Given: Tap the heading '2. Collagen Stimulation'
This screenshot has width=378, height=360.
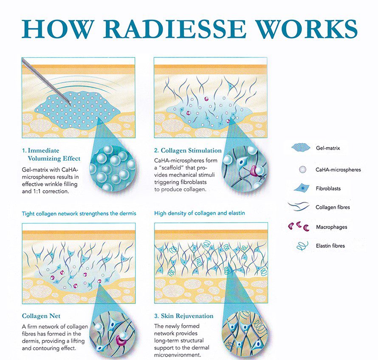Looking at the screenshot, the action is tap(188, 150).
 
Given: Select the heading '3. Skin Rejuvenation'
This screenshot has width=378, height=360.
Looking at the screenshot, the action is tap(184, 316).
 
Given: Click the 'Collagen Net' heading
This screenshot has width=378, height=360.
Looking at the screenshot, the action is tap(41, 316).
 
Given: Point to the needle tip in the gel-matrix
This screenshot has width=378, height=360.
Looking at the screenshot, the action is tap(70, 105).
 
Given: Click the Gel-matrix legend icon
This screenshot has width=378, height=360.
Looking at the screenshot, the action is tap(301, 147).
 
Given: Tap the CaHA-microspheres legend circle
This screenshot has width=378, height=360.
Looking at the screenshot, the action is tap(302, 170).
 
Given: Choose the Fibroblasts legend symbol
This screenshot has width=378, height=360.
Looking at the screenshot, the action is tap(302, 188).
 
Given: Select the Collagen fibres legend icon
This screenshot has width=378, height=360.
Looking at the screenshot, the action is tap(299, 206).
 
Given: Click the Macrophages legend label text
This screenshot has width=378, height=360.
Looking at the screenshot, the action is tap(331, 227).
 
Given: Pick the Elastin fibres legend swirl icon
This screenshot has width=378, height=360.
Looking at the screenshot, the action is tap(302, 246).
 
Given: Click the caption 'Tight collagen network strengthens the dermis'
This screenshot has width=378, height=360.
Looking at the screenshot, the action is tap(79, 213).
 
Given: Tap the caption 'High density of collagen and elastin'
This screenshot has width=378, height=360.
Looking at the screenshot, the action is tap(199, 213).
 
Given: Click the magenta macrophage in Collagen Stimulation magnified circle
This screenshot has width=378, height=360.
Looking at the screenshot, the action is tap(254, 170).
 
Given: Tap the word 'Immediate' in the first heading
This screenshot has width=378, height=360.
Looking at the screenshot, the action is tap(43, 150).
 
